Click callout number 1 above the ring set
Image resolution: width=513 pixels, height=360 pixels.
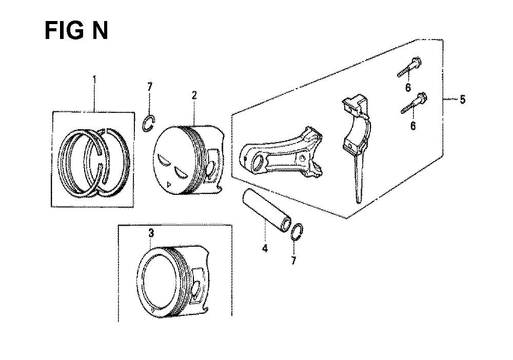click(94, 79)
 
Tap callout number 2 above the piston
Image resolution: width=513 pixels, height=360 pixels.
click(194, 95)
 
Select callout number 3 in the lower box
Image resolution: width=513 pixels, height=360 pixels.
click(151, 233)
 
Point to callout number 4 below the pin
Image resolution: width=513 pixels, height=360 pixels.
click(265, 249)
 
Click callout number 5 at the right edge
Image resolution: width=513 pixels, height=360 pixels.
click(462, 99)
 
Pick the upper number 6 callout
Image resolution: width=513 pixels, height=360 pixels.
click(408, 87)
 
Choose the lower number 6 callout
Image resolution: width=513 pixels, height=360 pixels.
click(413, 126)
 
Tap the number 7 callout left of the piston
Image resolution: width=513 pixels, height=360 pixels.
click(150, 87)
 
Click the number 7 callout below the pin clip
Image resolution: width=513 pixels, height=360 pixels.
click(293, 261)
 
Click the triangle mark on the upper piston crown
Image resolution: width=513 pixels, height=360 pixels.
click(168, 184)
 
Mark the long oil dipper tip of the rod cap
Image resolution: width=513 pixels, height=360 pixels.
click(359, 199)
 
